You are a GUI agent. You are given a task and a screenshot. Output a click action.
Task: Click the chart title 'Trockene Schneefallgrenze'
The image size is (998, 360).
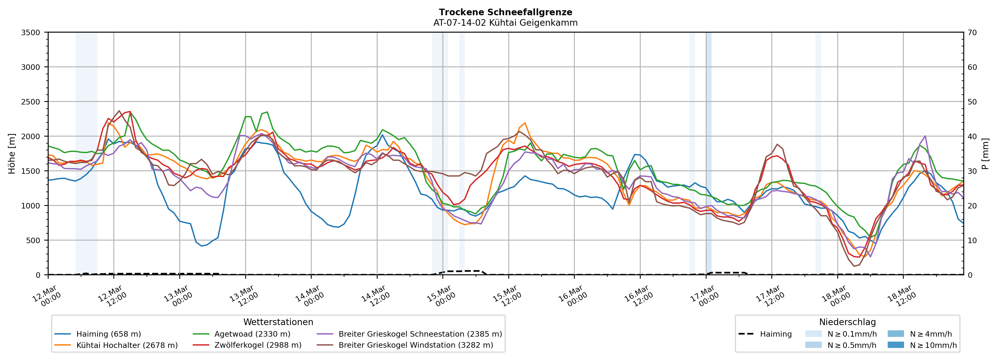click(505, 12)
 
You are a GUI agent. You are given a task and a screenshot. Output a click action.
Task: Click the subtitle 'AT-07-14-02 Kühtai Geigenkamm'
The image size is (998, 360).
click(505, 23)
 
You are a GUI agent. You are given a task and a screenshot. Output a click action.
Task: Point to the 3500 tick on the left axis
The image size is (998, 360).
click(31, 33)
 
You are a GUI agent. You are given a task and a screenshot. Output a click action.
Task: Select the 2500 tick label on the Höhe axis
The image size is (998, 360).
click(31, 102)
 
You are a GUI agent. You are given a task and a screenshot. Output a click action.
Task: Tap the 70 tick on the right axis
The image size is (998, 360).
click(973, 33)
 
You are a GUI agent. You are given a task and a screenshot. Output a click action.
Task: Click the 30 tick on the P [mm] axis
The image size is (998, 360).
click(973, 171)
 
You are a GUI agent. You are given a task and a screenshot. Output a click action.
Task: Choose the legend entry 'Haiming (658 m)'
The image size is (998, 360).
click(108, 334)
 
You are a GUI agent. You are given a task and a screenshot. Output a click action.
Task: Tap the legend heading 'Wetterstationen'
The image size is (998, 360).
click(278, 322)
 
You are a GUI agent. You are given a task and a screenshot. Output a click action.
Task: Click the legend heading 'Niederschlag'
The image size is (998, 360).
click(847, 322)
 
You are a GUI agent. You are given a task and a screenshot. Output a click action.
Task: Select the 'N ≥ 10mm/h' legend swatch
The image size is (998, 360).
click(896, 345)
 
